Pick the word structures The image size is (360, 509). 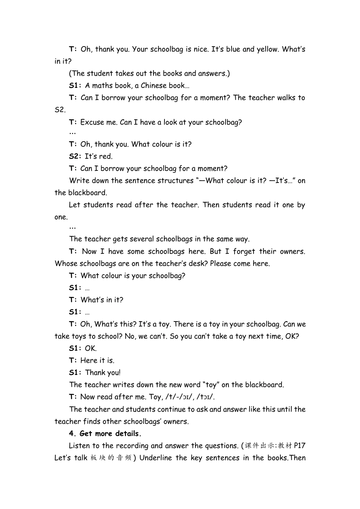click(x=176, y=181)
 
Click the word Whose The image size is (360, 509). click(x=65, y=264)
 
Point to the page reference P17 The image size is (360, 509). click(x=299, y=446)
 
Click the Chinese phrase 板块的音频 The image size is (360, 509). click(x=111, y=458)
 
